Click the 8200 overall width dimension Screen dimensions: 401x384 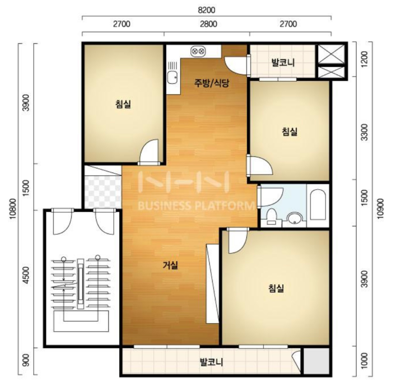206,10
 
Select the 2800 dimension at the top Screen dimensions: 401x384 209,24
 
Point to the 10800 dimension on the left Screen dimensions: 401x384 13,209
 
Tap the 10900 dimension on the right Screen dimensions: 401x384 380,209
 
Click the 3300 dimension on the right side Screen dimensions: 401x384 364,132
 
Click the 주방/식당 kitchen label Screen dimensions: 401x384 212,83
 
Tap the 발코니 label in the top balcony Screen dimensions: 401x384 283,62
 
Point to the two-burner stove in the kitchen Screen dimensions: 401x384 198,51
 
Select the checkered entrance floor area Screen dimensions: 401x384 103,192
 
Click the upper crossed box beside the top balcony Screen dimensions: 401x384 331,54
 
